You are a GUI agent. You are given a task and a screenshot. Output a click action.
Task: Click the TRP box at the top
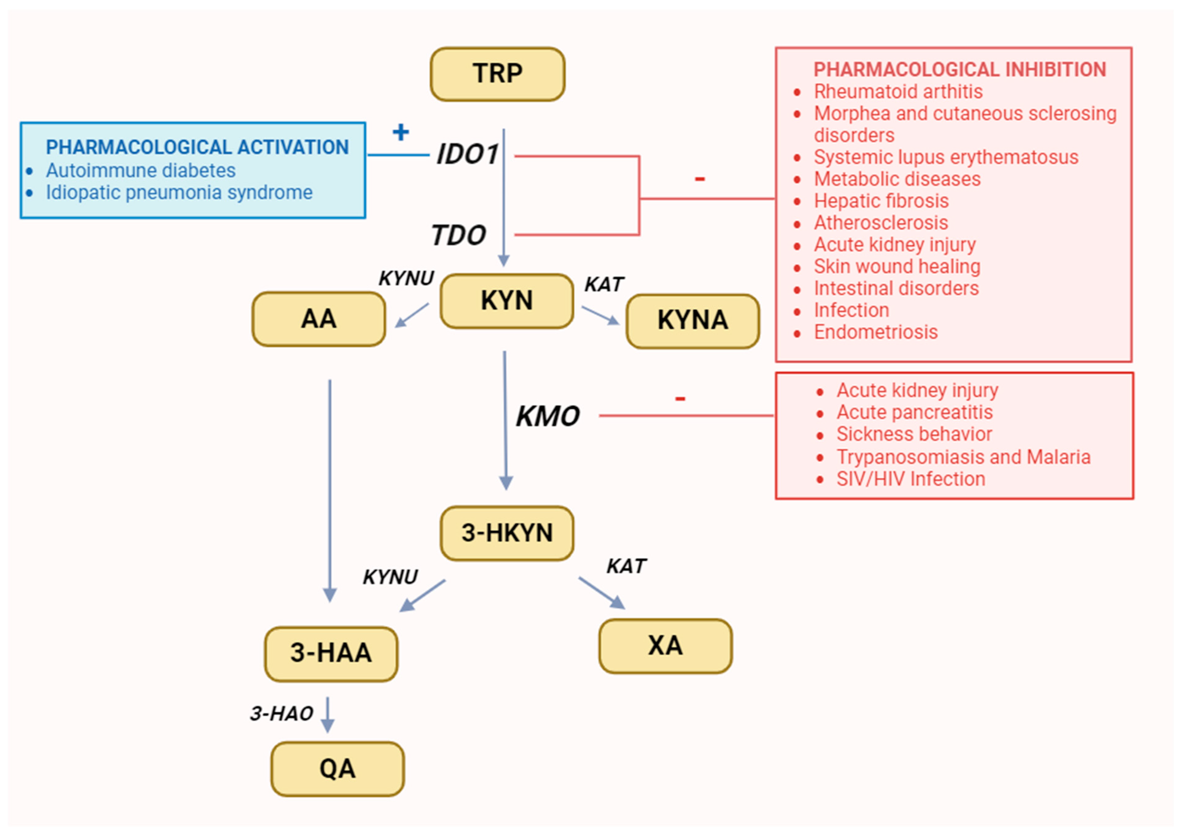tap(497, 74)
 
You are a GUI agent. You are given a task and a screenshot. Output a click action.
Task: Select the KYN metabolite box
tap(507, 301)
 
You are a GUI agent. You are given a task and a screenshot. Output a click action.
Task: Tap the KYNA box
tap(692, 321)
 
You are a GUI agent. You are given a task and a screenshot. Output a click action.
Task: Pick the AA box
tap(318, 319)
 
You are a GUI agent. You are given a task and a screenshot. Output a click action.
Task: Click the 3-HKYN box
tap(507, 533)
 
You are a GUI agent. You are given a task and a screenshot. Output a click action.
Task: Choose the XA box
tap(665, 646)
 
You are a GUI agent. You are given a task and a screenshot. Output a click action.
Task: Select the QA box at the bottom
tap(338, 769)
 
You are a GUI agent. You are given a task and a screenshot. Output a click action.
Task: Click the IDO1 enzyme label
tap(468, 154)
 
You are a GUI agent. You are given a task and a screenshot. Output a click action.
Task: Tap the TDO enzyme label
tap(458, 236)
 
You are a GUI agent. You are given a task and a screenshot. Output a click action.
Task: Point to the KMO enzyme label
tap(548, 416)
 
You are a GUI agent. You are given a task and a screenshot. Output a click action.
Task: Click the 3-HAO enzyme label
tap(282, 714)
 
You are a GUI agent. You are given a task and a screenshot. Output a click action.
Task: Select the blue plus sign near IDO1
tap(400, 132)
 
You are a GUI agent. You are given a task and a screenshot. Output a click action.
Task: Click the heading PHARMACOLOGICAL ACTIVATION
tap(197, 148)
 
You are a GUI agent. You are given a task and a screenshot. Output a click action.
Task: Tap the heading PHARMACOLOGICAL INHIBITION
tap(960, 70)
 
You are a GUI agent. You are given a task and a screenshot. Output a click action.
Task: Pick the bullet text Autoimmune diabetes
tap(140, 171)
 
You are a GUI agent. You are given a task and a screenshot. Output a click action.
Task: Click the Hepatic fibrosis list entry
tap(881, 201)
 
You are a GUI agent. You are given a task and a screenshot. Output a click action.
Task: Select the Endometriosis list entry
tap(876, 332)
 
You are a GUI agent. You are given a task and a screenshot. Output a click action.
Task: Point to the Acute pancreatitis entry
tap(914, 412)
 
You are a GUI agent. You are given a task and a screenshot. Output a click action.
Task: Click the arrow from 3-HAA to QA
tap(327, 715)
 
